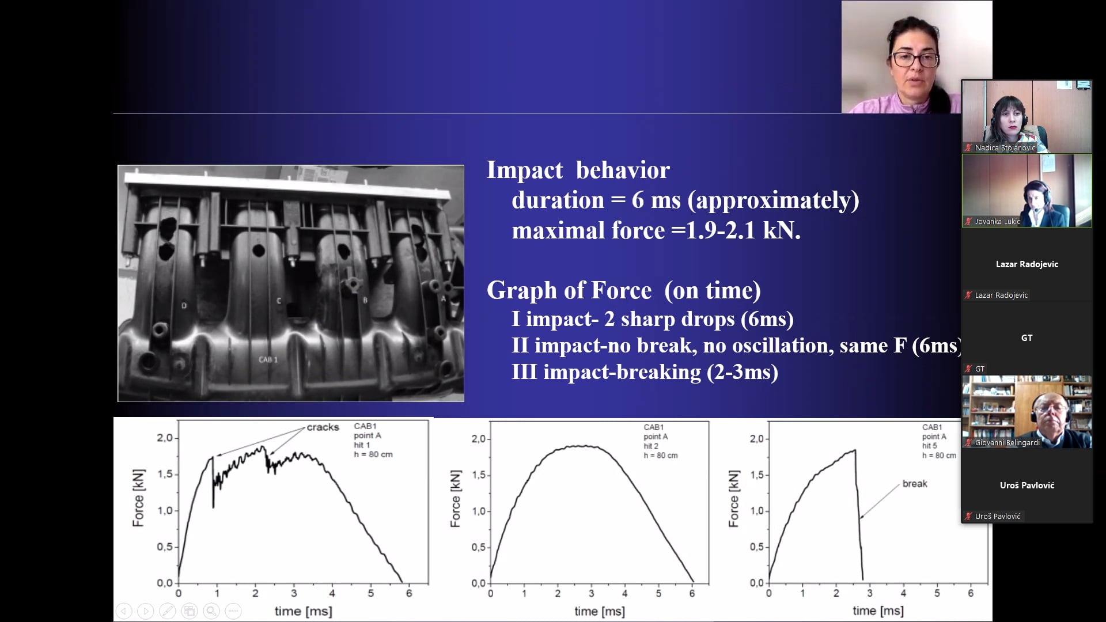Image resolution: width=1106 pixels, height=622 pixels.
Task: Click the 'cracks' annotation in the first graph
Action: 323,427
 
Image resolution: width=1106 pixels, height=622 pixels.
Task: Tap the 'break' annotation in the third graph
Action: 915,484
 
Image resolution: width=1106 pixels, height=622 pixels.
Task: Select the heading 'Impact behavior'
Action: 578,170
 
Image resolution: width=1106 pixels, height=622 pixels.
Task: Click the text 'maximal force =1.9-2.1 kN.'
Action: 656,230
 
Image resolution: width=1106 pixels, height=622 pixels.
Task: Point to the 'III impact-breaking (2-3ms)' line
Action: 645,372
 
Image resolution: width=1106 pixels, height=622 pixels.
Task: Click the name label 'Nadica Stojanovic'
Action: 1005,148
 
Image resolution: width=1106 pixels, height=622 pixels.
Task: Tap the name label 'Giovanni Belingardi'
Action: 1007,443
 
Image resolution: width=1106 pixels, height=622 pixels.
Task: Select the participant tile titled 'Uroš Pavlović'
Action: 1027,486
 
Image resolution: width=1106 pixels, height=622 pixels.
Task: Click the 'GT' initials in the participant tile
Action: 1027,338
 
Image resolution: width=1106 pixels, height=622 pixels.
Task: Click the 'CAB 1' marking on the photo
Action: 268,360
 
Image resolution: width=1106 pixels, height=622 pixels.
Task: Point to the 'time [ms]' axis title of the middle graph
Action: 599,611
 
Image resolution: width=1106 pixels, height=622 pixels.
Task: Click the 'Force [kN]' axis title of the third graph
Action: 733,499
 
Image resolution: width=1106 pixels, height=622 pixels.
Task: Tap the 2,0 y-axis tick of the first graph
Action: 165,438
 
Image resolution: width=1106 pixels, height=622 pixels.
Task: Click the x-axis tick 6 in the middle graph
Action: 692,593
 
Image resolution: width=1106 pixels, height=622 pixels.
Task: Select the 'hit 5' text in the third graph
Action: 930,446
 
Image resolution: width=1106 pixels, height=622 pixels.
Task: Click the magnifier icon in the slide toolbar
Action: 211,611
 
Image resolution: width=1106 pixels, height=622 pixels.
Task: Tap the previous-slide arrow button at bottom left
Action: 124,611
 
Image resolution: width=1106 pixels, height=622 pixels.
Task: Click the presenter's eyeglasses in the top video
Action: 915,59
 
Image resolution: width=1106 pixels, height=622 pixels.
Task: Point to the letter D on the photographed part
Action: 184,306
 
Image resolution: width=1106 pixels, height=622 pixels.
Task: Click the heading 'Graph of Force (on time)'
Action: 624,290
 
